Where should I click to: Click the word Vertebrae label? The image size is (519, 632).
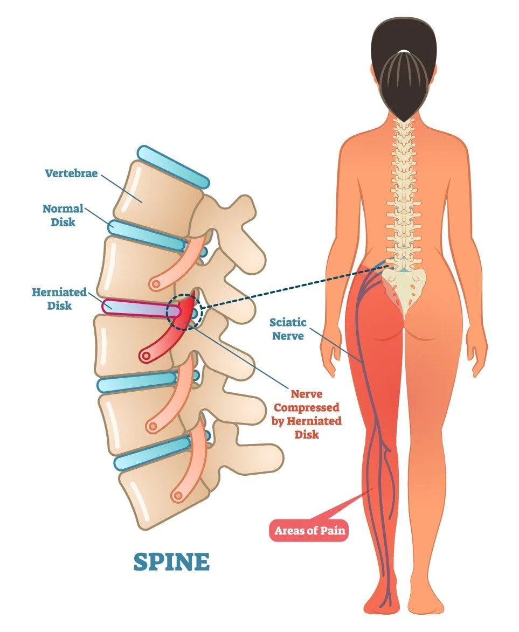(x=71, y=173)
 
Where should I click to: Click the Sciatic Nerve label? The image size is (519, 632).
(x=288, y=329)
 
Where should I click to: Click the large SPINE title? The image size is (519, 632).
(x=171, y=562)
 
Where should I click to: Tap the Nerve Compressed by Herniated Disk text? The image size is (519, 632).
(x=307, y=413)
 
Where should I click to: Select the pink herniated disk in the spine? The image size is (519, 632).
(x=135, y=308)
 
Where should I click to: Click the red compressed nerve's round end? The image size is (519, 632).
(x=145, y=355)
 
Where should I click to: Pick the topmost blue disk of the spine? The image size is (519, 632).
(x=172, y=166)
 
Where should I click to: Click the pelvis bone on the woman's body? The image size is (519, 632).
(x=404, y=286)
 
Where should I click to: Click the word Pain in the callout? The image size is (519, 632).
(x=330, y=531)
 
